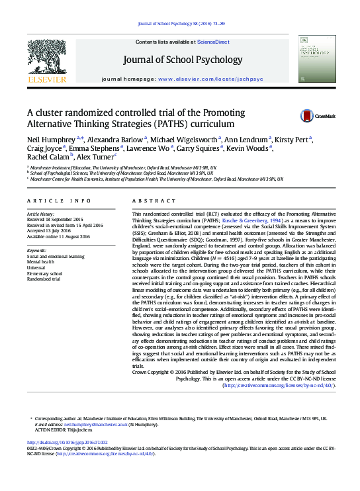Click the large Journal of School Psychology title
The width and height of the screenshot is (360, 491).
(183, 60)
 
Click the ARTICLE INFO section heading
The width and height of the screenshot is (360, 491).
(59, 200)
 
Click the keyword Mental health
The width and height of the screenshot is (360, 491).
(40, 262)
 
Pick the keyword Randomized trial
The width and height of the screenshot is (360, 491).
(44, 279)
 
